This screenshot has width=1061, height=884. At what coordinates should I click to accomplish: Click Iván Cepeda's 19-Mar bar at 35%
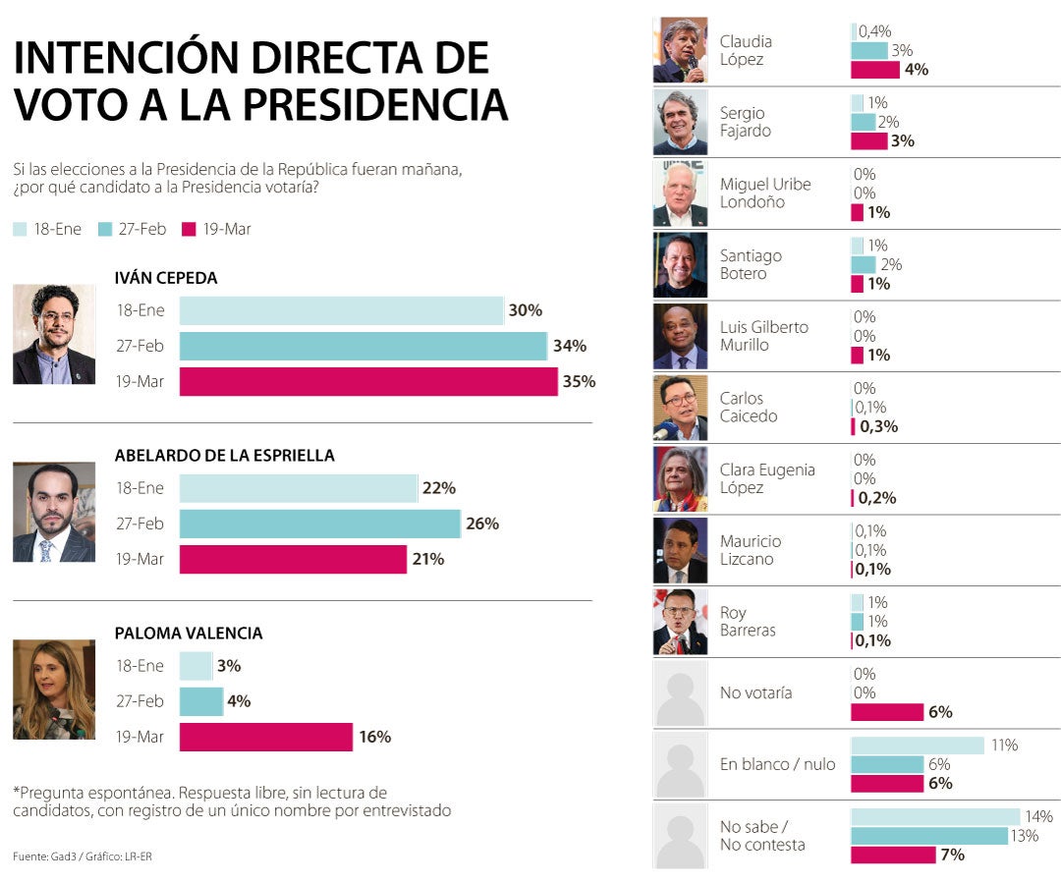coord(368,382)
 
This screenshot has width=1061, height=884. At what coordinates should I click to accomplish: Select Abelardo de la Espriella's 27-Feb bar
coord(319,524)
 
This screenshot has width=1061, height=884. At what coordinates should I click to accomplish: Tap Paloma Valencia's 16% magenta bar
coord(265,737)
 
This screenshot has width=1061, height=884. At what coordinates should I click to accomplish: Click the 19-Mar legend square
coord(190,229)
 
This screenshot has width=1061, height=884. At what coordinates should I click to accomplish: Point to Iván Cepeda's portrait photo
coord(54,334)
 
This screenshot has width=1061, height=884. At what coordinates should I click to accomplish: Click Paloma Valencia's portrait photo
coord(54,690)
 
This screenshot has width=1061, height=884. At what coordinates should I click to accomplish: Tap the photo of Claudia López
coord(680,50)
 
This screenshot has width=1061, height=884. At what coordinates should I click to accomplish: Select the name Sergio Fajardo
coord(745,122)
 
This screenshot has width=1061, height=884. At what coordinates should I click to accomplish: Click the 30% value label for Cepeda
coord(526,310)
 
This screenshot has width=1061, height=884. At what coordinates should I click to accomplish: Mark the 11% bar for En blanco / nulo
coord(917,746)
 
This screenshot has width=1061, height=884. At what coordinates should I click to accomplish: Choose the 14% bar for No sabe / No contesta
coord(935,817)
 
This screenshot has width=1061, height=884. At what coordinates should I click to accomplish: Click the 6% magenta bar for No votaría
coord(887,712)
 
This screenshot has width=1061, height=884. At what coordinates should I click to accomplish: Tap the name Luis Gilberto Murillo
coord(763,336)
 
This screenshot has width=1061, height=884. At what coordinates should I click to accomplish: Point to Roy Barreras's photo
coord(680,621)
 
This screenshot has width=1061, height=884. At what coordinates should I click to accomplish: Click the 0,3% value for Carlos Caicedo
coord(878,426)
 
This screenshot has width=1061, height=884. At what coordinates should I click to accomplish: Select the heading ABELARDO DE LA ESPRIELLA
coord(224,456)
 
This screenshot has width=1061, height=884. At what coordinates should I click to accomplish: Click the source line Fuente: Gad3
coord(83,856)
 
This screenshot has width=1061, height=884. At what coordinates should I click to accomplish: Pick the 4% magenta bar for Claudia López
coord(875,70)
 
